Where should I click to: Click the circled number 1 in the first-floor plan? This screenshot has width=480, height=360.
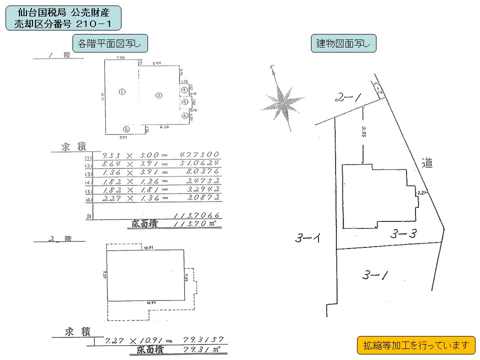pos(121,91)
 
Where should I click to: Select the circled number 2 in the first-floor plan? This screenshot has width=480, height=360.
pos(158,95)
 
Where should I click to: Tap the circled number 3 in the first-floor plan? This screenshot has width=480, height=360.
pos(126,129)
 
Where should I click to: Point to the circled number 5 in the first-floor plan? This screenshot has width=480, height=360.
pos(184,102)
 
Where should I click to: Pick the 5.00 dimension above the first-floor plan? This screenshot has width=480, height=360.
pos(120,58)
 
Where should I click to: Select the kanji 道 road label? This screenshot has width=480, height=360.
pos(426,162)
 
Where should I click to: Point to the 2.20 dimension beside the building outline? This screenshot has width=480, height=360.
pos(424,191)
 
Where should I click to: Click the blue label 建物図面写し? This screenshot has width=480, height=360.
pos(343,43)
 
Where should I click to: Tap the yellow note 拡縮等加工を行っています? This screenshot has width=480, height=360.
pos(416,344)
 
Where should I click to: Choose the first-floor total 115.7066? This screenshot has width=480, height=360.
pos(195,215)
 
